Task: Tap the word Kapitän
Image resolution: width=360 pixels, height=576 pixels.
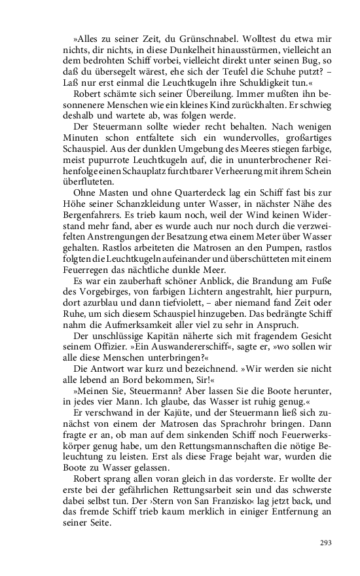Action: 153,357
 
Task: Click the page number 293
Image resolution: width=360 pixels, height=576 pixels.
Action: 326,543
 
